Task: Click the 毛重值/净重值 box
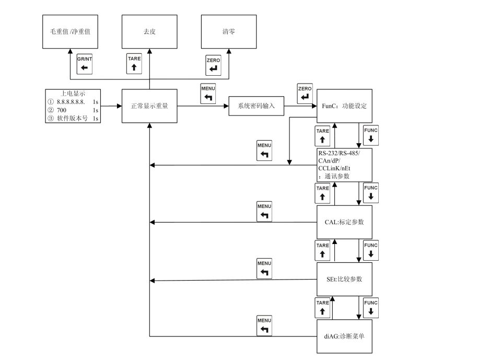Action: [x=70, y=32]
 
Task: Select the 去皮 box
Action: [x=149, y=32]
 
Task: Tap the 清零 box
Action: [x=229, y=32]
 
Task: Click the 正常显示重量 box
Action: [x=149, y=106]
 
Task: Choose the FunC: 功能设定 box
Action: [x=344, y=106]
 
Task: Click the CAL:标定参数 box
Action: [x=344, y=222]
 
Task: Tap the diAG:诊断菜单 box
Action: [x=344, y=336]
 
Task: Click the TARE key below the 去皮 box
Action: [x=134, y=63]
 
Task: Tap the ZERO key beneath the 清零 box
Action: [x=213, y=65]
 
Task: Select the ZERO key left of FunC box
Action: [x=304, y=93]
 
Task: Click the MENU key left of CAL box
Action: [x=264, y=211]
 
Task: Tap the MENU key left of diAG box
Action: [x=264, y=326]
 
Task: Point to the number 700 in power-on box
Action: [x=62, y=111]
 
